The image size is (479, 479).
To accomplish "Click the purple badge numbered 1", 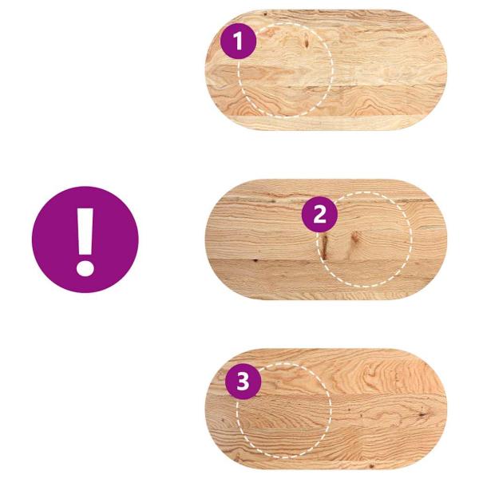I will tap(239, 41).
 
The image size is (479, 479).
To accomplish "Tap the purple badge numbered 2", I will tap(319, 214).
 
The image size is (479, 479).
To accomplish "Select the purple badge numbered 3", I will tap(243, 382).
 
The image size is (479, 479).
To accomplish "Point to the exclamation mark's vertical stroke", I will tap(84, 228).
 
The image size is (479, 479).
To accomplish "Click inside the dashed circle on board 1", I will tap(285, 72).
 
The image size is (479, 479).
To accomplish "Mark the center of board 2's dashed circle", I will tap(366, 239).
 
